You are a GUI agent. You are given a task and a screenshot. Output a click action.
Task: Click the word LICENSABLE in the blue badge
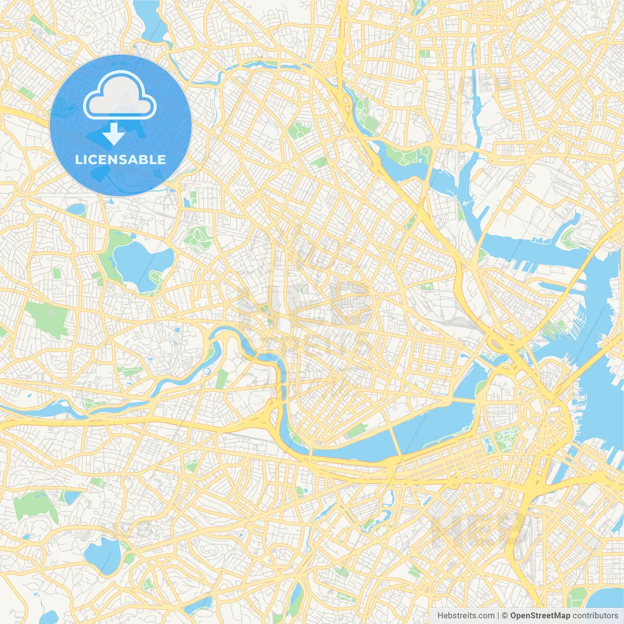click(120, 159)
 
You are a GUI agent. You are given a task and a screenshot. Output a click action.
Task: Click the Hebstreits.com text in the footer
click(466, 616)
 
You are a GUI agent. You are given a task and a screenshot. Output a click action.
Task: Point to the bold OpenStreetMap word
click(540, 616)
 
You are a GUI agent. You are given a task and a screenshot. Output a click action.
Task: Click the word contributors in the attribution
click(595, 616)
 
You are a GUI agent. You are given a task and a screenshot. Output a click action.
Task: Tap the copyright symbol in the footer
click(505, 616)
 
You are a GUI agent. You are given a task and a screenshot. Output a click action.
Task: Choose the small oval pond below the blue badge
click(77, 210)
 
